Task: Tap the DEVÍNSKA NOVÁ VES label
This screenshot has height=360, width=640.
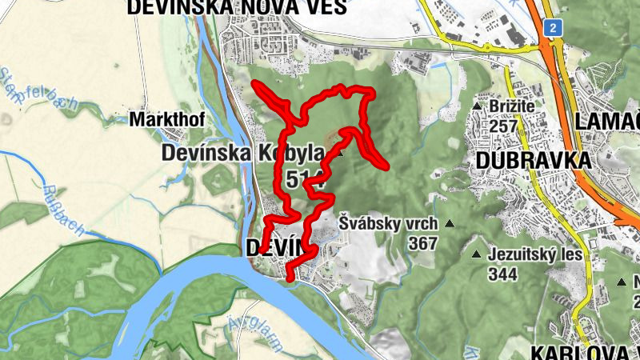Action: click(x=236, y=7)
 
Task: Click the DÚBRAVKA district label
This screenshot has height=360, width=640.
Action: click(x=533, y=160)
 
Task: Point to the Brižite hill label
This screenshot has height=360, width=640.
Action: click(x=513, y=106)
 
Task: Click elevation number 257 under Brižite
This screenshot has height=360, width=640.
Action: click(x=504, y=126)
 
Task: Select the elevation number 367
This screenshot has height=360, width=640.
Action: click(x=422, y=242)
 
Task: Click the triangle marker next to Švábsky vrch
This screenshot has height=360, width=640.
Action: click(x=449, y=224)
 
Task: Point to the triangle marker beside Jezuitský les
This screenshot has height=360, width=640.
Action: click(x=478, y=256)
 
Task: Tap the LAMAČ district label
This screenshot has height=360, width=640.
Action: click(x=607, y=122)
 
